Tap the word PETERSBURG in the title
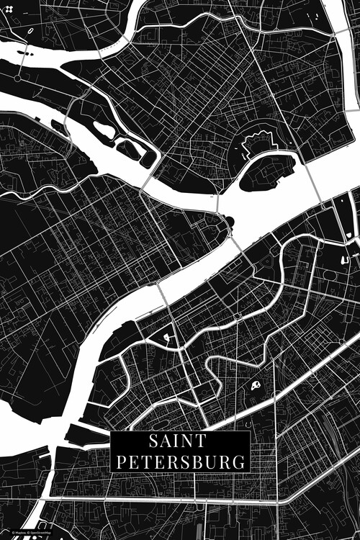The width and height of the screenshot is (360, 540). pyautogui.click(x=181, y=461)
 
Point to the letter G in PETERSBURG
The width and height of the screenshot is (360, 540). pyautogui.click(x=238, y=461)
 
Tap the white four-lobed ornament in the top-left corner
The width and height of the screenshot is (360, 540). pyautogui.click(x=9, y=9)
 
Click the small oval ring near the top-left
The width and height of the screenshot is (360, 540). pyautogui.click(x=32, y=32)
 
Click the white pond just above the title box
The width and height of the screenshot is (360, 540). pyautogui.click(x=255, y=387)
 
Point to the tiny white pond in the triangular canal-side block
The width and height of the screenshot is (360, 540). pyautogui.click(x=168, y=338)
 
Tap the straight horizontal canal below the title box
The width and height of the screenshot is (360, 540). pyautogui.click(x=180, y=498)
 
